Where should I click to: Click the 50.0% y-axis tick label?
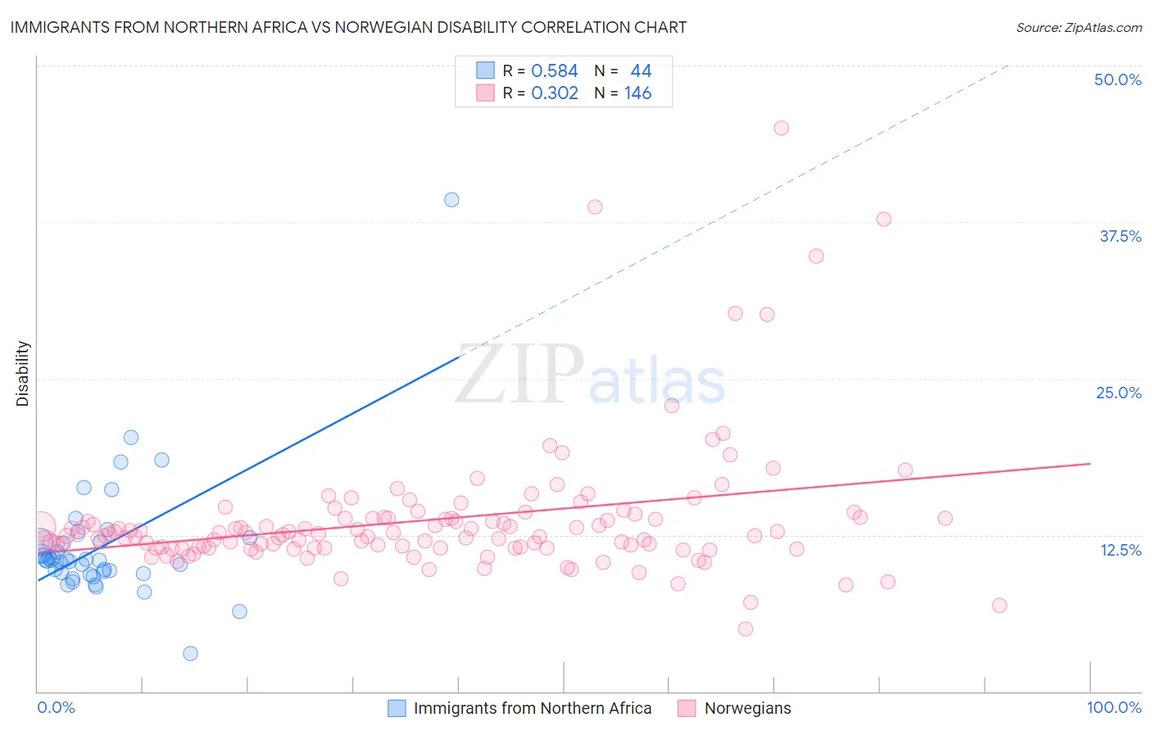point(1118,79)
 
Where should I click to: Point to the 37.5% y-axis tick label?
point(1120,236)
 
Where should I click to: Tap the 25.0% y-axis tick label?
point(1118,393)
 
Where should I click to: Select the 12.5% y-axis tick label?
point(1120,550)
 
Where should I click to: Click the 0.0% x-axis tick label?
point(56,708)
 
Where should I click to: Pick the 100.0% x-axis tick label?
point(1113,708)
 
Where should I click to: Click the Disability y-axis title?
point(22,374)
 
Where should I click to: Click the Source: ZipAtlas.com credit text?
point(1078,28)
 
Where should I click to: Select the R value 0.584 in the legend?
point(555,71)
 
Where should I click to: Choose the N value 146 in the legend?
point(637,93)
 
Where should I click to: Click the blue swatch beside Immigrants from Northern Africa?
point(397,709)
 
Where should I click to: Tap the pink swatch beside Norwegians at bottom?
point(687,709)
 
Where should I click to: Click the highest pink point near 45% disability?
point(781,128)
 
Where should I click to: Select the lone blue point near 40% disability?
point(451,200)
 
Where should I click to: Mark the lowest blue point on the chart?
point(190,653)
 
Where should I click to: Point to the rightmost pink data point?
point(999,606)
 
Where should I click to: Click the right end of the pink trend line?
point(1090,464)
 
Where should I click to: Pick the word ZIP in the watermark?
point(519,375)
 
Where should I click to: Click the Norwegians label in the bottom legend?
point(747,709)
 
